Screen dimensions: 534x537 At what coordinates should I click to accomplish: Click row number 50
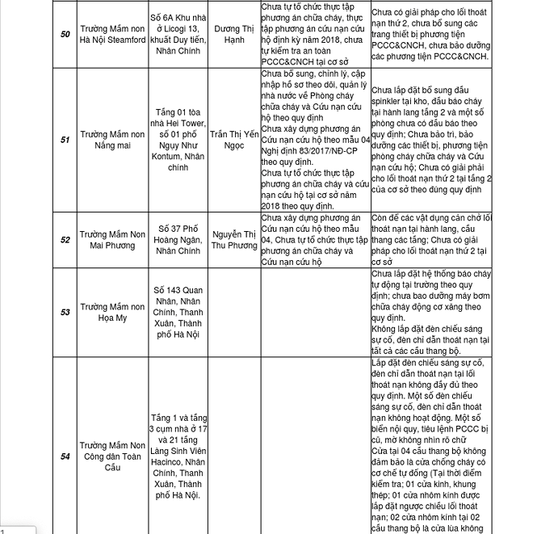point(65,35)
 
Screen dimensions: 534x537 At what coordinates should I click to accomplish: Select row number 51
point(65,139)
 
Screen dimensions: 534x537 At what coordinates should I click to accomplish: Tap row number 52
point(65,240)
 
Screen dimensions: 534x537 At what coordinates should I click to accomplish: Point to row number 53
point(65,312)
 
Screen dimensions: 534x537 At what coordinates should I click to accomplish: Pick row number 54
point(65,456)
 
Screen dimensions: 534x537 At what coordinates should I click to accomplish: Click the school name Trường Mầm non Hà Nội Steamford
point(113,35)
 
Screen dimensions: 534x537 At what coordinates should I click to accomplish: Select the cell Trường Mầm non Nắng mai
point(113,139)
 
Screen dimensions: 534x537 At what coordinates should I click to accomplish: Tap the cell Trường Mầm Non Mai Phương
point(113,240)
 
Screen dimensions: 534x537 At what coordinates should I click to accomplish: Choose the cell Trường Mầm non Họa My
point(113,312)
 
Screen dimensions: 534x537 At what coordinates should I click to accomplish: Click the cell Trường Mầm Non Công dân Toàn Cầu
point(113,456)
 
